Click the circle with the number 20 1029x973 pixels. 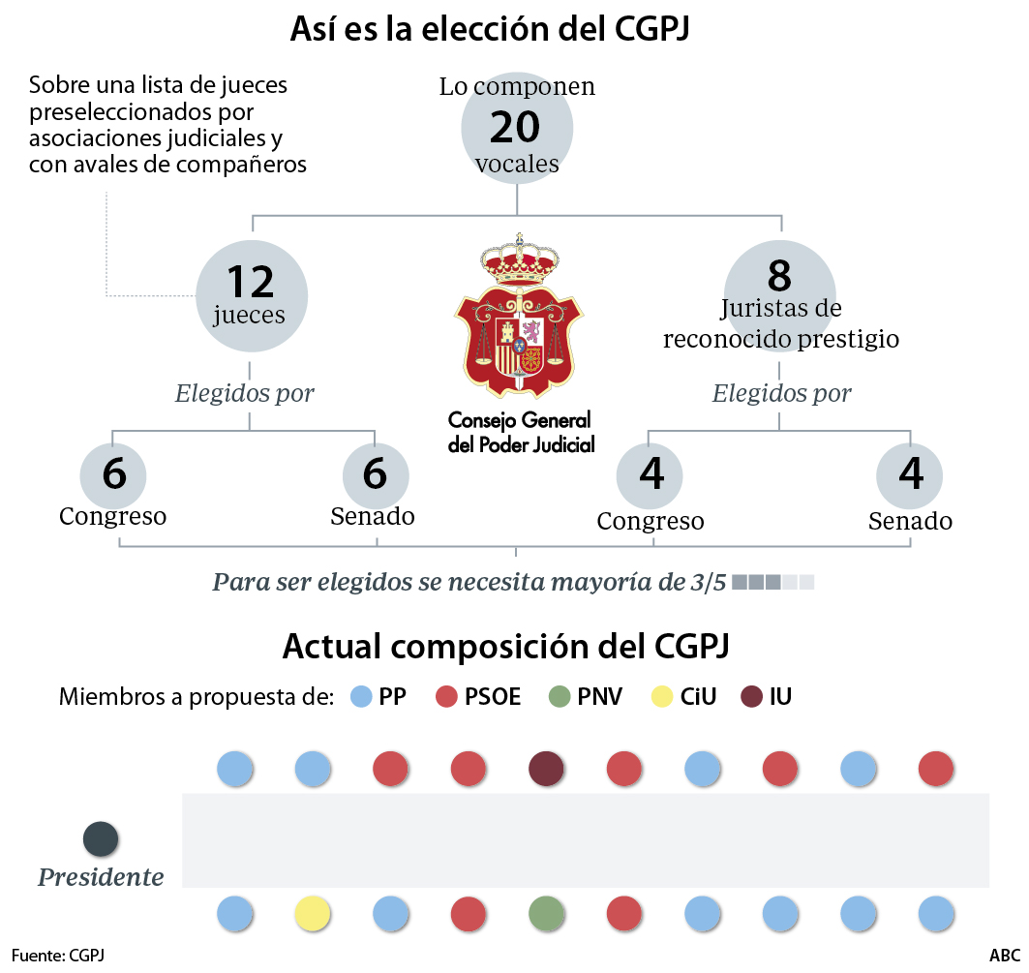pos(517,128)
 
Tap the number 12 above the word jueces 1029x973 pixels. pos(251,281)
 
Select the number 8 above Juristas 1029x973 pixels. pos(779,275)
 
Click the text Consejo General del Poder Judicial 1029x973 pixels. pos(520,432)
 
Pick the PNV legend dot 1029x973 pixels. pos(560,696)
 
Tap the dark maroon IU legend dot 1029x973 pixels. pos(750,696)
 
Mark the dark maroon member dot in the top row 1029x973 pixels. pos(547,770)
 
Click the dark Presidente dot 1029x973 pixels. pos(102,838)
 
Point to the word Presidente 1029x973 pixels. pos(101,878)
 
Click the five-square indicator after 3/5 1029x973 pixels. pos(773,583)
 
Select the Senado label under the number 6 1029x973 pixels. pos(373,517)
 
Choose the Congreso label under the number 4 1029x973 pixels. pos(651,522)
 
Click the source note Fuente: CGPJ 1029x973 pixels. pos(58,956)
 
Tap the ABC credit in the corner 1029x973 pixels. pos(1004,956)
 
